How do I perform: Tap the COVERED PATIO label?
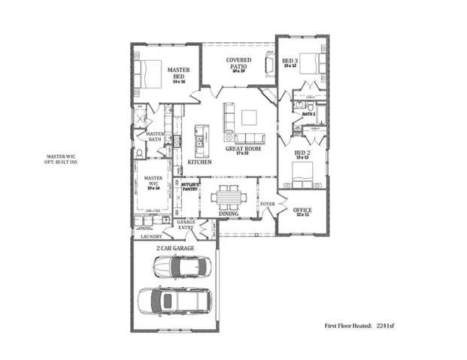(x=238, y=63)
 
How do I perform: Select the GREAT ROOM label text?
(x=243, y=150)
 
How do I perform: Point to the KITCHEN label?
(x=199, y=162)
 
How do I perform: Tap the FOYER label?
(x=267, y=204)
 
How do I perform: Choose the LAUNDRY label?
(x=150, y=237)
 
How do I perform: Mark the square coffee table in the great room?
(x=248, y=117)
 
